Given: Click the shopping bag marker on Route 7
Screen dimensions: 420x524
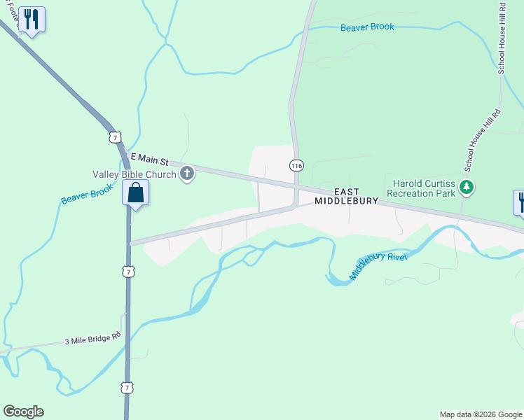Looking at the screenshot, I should [135, 192].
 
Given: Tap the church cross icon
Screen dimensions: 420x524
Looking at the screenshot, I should [187, 174].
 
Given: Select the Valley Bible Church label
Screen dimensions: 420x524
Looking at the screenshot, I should [135, 174].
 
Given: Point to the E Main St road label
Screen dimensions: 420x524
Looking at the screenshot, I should [151, 160].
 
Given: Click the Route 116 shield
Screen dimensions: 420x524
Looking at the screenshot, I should [296, 165].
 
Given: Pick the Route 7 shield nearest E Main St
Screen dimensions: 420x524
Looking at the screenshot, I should [115, 136].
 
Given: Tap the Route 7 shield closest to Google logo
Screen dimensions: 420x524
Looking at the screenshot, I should [127, 387].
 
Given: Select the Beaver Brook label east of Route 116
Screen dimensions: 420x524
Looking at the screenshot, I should [367, 27].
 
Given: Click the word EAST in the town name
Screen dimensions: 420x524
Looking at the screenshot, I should [346, 192].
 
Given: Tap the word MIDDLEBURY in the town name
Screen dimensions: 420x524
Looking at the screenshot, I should [346, 201].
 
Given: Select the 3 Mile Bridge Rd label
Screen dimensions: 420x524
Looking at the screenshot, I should [92, 341].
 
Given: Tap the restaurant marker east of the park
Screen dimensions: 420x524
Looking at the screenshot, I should [520, 202].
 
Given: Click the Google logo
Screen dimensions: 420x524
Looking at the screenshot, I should [23, 412].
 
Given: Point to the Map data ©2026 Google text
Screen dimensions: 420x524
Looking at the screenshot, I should [481, 414].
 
